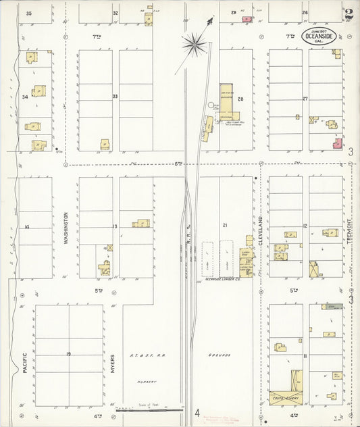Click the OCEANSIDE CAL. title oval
pos(317,37)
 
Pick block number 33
pos(115,97)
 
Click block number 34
pos(25,97)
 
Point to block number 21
pos(224,224)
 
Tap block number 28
pos(240,99)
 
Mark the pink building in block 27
pos(336,143)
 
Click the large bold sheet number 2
pos(348,15)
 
